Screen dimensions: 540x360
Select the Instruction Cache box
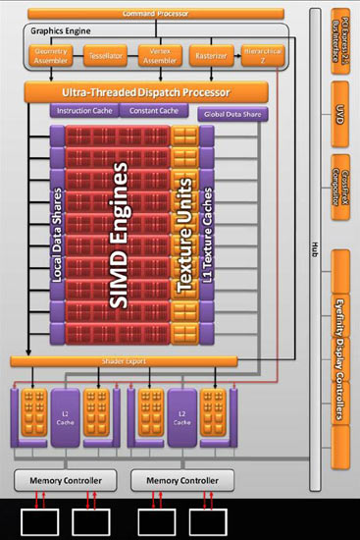[x=85, y=112]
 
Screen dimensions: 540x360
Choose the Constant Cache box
[x=155, y=112]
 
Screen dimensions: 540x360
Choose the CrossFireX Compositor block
[x=341, y=188]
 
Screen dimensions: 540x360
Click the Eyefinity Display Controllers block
[x=341, y=339]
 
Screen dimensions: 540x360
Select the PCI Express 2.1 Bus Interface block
[x=341, y=39]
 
